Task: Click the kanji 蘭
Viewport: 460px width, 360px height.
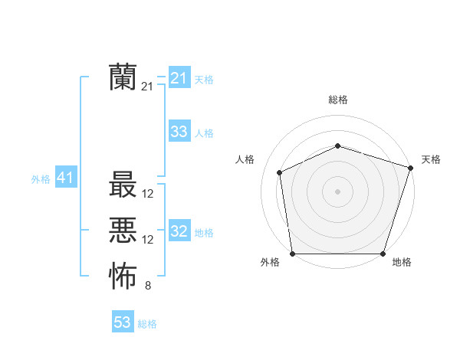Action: tap(123, 77)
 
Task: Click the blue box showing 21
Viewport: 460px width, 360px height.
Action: tap(179, 78)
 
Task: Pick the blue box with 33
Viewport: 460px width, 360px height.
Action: tap(179, 132)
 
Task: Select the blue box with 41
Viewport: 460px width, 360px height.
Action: tap(65, 178)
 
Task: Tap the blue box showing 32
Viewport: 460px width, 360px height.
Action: tap(179, 231)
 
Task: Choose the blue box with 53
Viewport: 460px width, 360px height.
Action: tap(122, 322)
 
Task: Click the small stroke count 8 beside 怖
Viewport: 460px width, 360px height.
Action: tap(148, 286)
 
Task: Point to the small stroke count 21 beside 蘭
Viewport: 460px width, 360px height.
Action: tap(147, 87)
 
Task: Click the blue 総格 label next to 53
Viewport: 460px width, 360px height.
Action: tap(147, 324)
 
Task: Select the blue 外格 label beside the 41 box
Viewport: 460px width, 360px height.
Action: tap(41, 180)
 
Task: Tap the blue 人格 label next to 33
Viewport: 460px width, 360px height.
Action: tap(204, 133)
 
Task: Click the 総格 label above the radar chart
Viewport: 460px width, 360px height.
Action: tap(338, 100)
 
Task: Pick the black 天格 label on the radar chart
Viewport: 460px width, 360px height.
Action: tap(431, 159)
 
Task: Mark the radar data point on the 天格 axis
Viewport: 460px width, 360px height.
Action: tap(411, 168)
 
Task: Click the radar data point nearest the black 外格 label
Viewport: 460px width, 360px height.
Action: tap(293, 254)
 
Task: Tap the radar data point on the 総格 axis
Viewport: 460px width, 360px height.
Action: tap(338, 146)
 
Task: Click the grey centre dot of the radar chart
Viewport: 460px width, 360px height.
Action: tap(338, 191)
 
